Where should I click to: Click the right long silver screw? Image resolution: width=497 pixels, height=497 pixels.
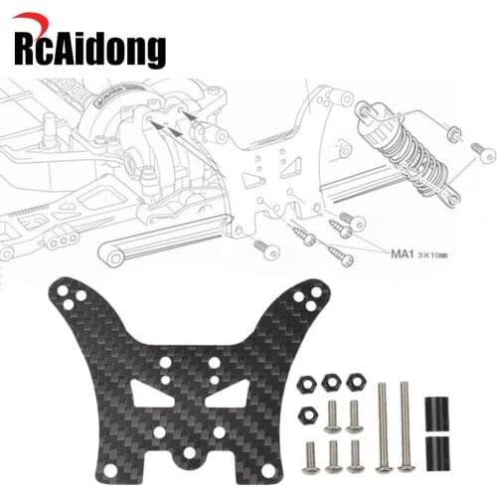[x=405, y=423]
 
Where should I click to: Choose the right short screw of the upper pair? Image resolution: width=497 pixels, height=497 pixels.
[x=355, y=414]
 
